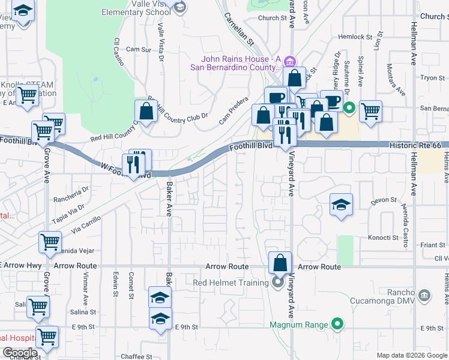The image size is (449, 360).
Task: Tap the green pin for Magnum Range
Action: click(337, 325)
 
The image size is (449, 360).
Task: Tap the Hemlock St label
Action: click(355, 37)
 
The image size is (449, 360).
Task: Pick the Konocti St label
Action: click(384, 238)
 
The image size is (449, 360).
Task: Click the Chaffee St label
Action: click(136, 356)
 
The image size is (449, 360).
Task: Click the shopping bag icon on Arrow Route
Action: click(280, 262)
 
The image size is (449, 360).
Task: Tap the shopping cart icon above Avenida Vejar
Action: click(50, 242)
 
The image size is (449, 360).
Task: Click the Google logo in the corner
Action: click(20, 353)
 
